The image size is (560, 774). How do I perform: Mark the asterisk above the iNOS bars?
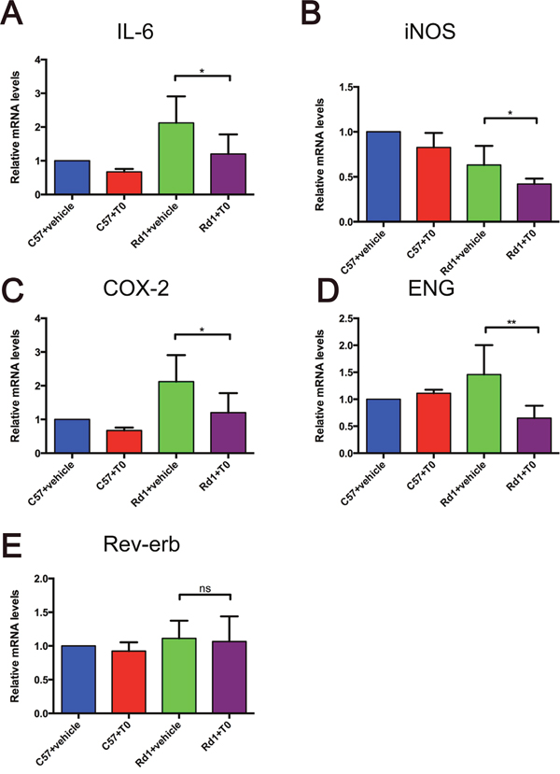pos(510,113)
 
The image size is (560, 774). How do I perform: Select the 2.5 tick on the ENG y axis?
pos(348,318)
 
